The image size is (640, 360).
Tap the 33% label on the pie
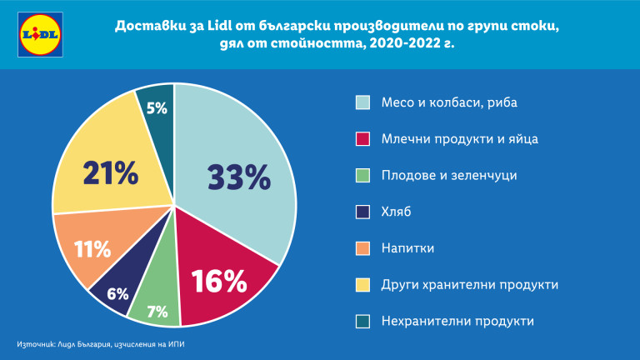pyautogui.click(x=239, y=178)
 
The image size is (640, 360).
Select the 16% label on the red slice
pyautogui.click(x=219, y=281)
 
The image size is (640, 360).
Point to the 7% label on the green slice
pyautogui.click(x=157, y=312)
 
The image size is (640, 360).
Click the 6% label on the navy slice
pyautogui.click(x=117, y=293)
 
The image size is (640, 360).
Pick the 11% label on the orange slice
pyautogui.click(x=92, y=248)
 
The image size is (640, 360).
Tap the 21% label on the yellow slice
pyautogui.click(x=110, y=173)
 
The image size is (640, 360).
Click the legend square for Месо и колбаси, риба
pyautogui.click(x=362, y=102)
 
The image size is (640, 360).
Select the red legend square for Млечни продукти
pyautogui.click(x=362, y=138)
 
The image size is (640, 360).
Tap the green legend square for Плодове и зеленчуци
pyautogui.click(x=362, y=175)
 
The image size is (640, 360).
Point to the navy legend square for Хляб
pyautogui.click(x=362, y=212)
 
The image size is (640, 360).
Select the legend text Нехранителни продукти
pyautogui.click(x=457, y=321)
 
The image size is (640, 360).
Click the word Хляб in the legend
pyautogui.click(x=397, y=212)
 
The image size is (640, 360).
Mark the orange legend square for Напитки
pyautogui.click(x=362, y=248)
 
